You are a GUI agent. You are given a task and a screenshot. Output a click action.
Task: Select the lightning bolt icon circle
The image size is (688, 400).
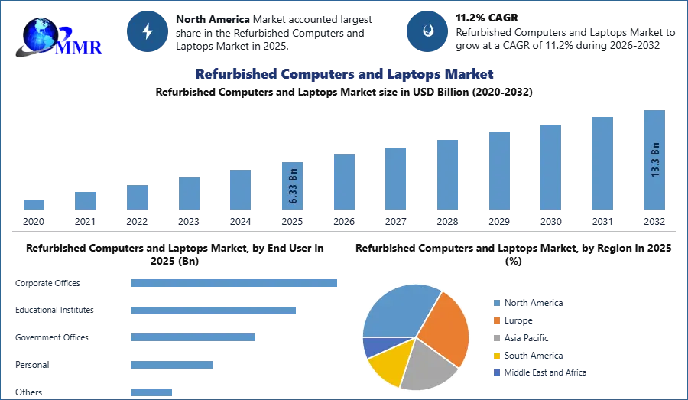[x=148, y=31]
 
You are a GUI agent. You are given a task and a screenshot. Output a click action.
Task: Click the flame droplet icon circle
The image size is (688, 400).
[x=427, y=31]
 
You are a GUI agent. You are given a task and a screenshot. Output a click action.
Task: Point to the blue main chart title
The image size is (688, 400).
[x=344, y=74]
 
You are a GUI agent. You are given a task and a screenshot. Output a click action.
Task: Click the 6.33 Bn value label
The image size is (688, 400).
[x=293, y=185]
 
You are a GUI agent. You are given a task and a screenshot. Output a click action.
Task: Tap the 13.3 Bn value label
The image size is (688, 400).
[x=654, y=159]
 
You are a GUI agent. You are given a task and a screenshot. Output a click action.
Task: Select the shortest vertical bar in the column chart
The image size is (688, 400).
[x=33, y=203]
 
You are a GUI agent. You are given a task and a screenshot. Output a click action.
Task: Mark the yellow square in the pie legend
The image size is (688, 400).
[x=496, y=355]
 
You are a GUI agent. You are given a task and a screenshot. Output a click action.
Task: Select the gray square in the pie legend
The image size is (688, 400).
[x=496, y=337]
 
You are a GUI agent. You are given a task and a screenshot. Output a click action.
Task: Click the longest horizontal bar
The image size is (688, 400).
[x=234, y=282]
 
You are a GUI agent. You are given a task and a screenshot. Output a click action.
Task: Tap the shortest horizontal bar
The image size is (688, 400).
[x=152, y=391]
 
